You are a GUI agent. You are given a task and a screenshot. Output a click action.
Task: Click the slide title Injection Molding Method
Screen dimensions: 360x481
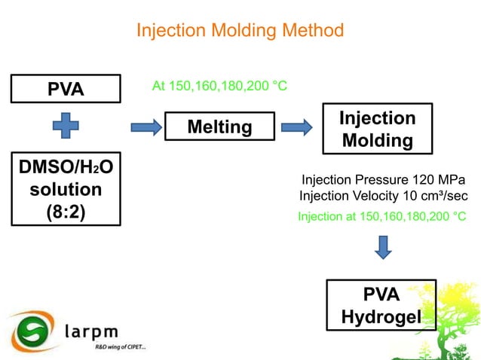click(240, 30)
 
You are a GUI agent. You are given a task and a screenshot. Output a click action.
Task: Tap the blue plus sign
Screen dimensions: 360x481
click(66, 125)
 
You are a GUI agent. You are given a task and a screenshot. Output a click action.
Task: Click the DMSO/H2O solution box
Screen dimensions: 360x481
click(66, 188)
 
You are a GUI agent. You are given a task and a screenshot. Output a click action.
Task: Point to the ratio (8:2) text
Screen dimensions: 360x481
click(66, 212)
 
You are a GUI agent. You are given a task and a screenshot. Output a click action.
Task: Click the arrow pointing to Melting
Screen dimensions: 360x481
click(145, 126)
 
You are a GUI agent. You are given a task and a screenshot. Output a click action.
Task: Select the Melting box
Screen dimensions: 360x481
click(219, 127)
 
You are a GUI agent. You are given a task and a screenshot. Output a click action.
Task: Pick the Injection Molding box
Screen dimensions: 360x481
click(376, 129)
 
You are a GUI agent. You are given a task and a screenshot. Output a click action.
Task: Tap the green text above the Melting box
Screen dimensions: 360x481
click(219, 86)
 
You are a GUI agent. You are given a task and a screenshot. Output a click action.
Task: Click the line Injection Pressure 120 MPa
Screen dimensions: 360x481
click(383, 180)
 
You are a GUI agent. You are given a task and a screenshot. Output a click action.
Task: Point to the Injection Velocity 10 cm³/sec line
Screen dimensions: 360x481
click(383, 196)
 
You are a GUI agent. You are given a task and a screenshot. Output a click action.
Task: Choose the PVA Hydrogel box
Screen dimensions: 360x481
click(381, 306)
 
